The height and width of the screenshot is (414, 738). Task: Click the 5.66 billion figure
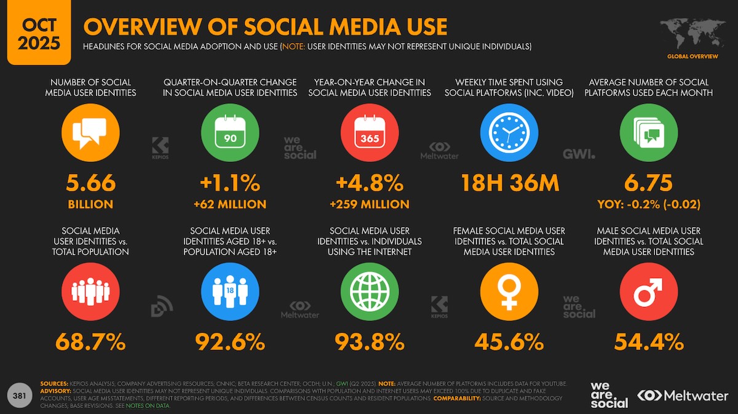coord(90,183)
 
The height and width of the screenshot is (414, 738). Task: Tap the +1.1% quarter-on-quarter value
coord(230,183)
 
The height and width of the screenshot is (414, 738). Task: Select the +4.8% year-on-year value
coord(369,183)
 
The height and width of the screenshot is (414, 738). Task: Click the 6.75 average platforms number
coord(648,183)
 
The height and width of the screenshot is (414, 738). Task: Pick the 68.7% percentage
coord(90,341)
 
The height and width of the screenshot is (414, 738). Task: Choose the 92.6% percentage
coord(230,341)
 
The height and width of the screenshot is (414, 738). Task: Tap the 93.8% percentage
coord(369,341)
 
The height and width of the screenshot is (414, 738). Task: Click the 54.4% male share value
coord(648,341)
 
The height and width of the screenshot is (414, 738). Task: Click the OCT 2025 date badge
coord(39,34)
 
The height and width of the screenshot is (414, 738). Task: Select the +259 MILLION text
coord(369,204)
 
